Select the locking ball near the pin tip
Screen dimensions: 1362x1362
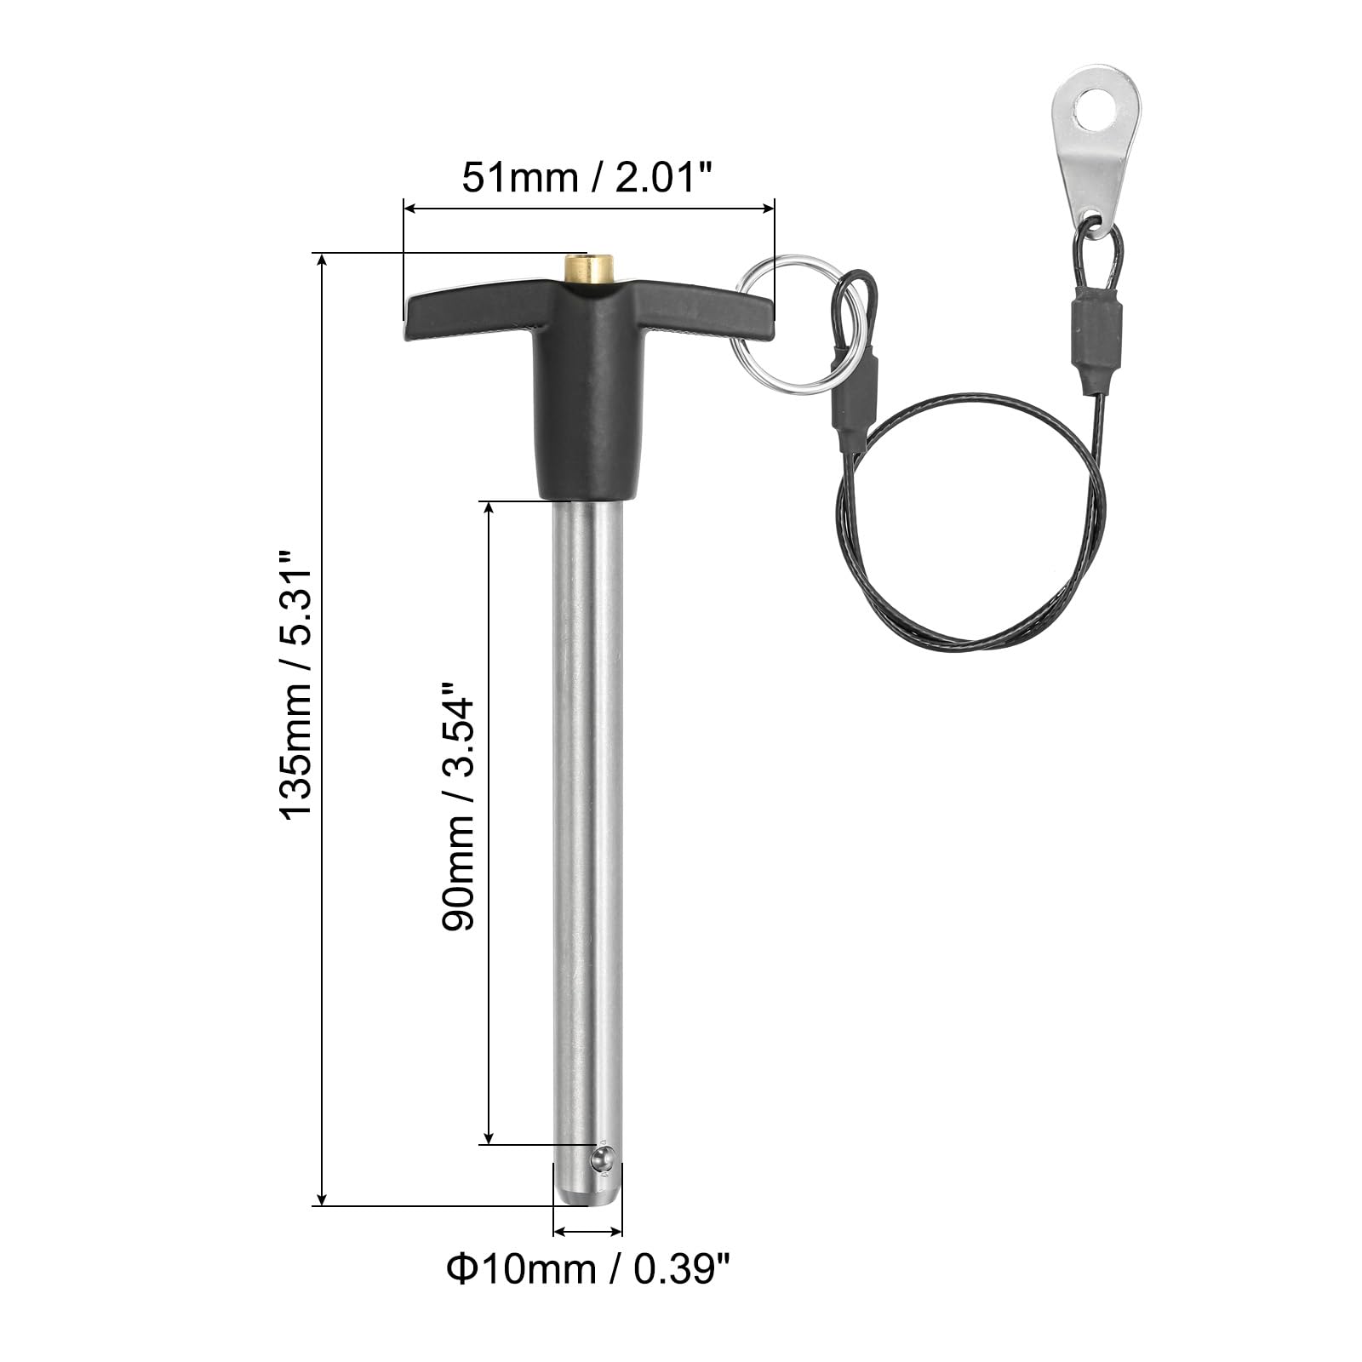603,1159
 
